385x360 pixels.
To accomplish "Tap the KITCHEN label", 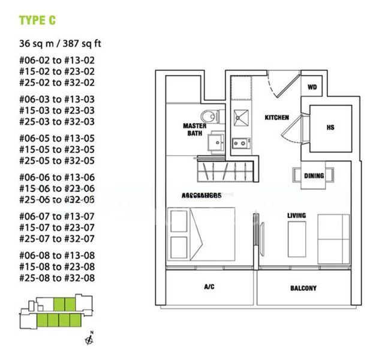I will pos(277,118).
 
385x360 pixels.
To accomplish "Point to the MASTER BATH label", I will pos(195,130).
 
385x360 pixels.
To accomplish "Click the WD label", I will pos(312,88).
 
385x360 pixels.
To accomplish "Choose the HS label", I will pos(330,127).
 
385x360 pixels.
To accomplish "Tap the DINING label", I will pos(314,176).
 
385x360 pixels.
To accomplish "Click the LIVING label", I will pos(296,215).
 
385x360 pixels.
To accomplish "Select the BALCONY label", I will pos(303,288).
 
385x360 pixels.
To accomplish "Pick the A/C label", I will pos(210,287).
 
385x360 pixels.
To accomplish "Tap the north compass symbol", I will pos(89,340).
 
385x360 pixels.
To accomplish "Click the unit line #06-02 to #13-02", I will pos(57,60).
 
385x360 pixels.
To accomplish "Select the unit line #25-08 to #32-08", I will pos(57,278).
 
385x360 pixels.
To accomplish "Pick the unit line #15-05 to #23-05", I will pos(57,149).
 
